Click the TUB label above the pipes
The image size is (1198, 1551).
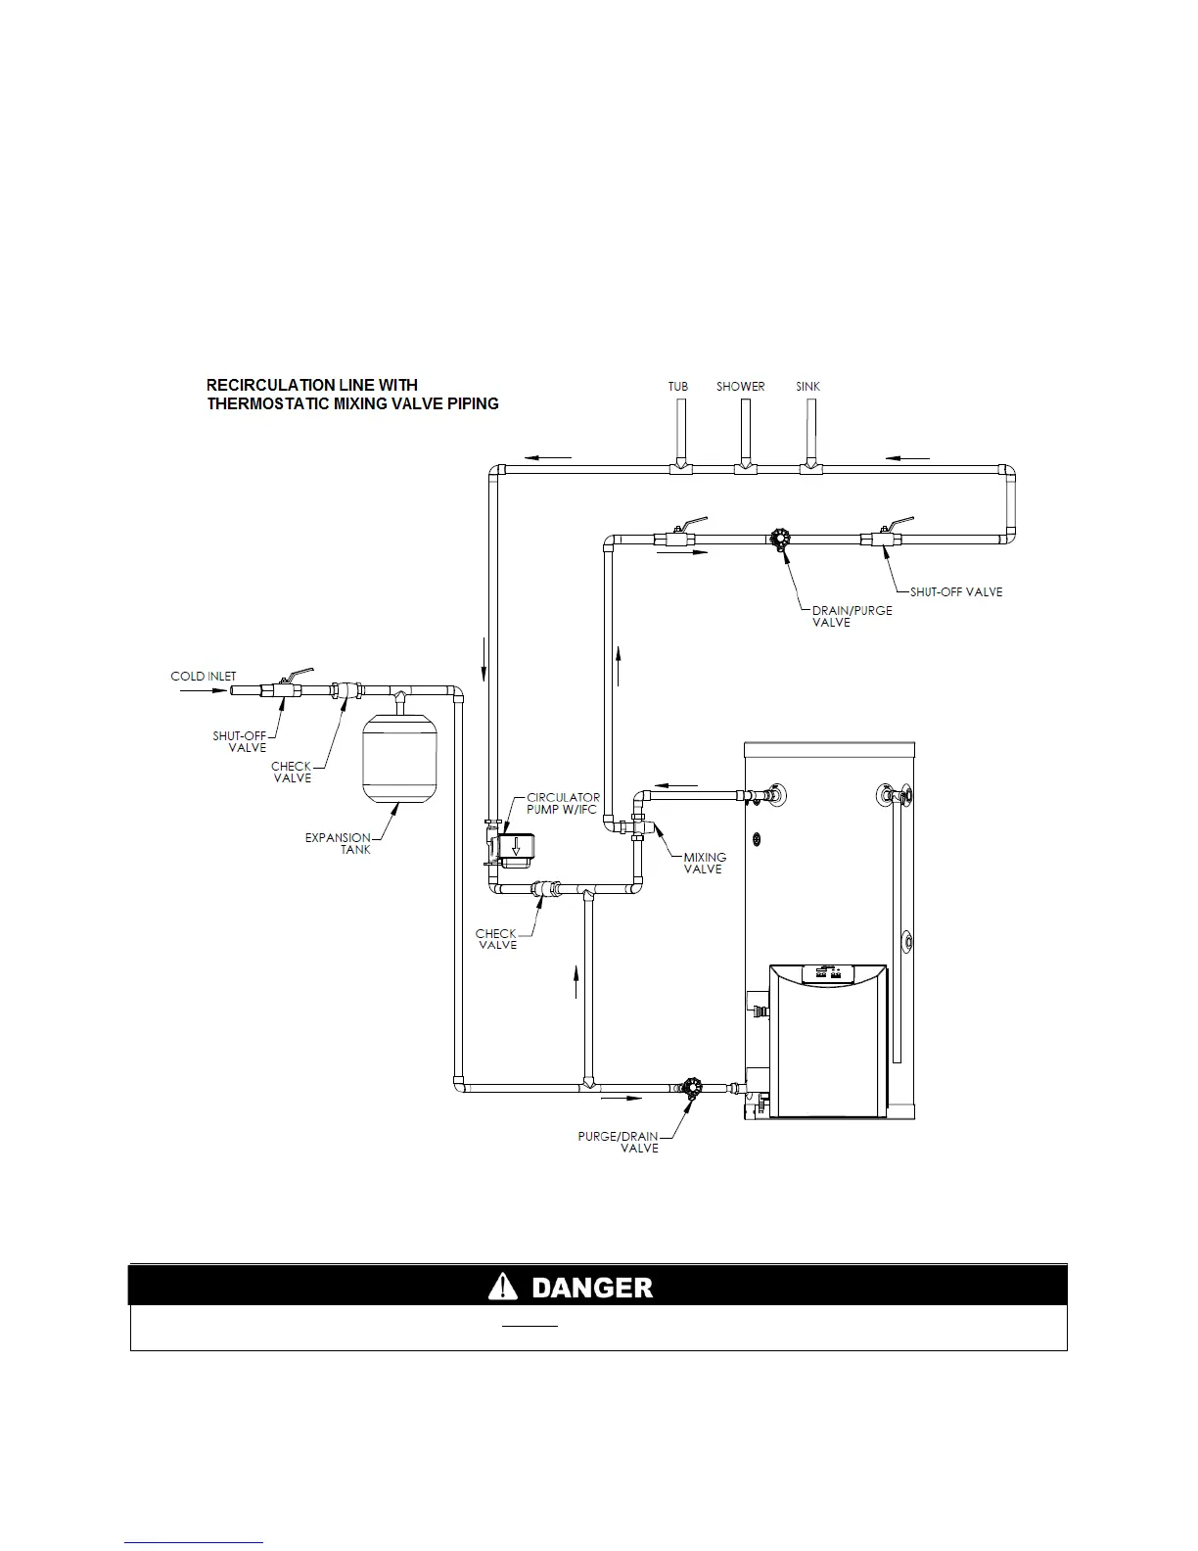(677, 387)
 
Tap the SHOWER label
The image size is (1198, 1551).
(740, 387)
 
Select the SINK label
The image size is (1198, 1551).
(807, 387)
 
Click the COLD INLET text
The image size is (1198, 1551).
(203, 677)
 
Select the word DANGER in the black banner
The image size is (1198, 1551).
(591, 1287)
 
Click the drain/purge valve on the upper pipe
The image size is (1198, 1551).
(780, 540)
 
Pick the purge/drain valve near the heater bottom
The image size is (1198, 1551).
(692, 1088)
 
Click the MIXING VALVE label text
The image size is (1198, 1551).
(704, 863)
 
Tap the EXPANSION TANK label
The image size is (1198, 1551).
(339, 843)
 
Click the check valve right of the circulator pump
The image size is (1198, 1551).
(545, 890)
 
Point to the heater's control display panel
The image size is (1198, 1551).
(828, 973)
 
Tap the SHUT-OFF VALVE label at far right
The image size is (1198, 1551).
(955, 591)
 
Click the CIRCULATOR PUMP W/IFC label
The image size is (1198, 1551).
(563, 803)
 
